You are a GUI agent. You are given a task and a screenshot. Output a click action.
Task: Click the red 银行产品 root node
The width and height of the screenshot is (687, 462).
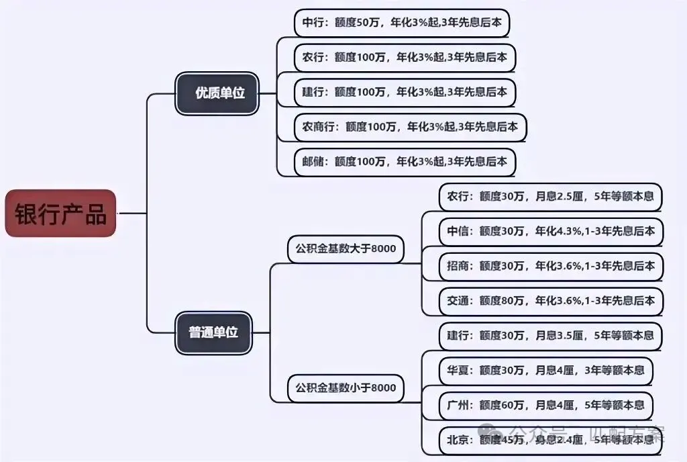tap(60, 214)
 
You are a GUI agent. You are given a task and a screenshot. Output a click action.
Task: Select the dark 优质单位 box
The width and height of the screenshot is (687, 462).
tap(217, 93)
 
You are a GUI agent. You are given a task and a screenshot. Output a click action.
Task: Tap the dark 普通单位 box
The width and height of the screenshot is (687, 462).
tap(214, 332)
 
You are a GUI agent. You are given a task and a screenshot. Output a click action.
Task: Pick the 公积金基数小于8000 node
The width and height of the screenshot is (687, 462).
tap(346, 388)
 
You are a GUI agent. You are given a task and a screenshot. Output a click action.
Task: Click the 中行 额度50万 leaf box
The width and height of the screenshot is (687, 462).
tap(402, 23)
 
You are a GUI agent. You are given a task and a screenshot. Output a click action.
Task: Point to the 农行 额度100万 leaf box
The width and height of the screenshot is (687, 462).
tap(405, 57)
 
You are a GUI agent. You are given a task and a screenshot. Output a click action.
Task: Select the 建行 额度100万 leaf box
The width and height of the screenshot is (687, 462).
tap(405, 92)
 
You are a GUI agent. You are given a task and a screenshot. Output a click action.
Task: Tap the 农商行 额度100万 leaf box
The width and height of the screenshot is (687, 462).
tap(410, 127)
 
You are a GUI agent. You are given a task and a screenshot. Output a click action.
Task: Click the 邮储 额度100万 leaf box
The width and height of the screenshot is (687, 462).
tap(405, 162)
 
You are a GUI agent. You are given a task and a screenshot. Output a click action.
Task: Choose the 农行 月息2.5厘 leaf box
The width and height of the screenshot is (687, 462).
tap(550, 197)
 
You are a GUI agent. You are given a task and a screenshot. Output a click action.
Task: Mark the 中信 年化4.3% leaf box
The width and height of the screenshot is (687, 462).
tap(550, 232)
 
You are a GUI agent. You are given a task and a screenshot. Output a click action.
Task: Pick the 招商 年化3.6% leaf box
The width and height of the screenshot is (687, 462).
tap(550, 266)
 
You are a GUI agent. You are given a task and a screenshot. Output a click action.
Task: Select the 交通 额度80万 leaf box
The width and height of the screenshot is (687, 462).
tap(550, 301)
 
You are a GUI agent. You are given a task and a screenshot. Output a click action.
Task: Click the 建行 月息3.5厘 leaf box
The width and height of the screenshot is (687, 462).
tap(550, 335)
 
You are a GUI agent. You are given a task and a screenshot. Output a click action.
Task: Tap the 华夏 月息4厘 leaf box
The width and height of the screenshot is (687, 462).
tap(545, 370)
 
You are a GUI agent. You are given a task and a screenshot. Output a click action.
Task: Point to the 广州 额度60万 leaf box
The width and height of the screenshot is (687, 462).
tap(545, 405)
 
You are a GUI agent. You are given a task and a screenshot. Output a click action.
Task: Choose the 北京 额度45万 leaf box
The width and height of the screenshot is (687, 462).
tap(550, 441)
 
